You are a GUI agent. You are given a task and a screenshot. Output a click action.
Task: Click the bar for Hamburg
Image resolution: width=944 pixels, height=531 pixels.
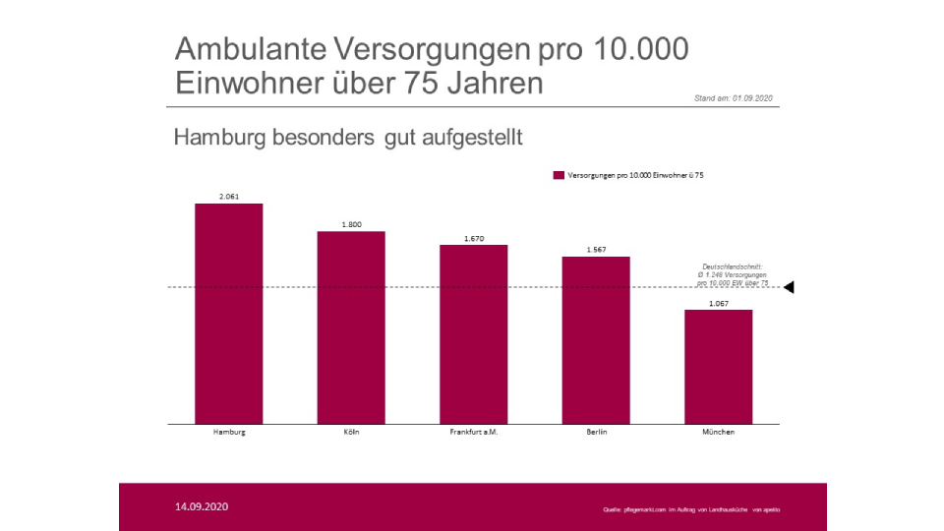(x=228, y=313)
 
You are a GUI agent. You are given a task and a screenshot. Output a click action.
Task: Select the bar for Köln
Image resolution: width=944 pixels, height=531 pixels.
(x=351, y=326)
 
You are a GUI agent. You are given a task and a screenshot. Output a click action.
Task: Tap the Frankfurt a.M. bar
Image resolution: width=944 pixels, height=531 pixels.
(x=473, y=333)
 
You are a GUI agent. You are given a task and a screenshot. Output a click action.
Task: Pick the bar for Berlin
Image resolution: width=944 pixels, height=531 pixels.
(x=596, y=339)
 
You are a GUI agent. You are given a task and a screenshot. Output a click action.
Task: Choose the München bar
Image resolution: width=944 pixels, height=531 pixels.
(x=718, y=366)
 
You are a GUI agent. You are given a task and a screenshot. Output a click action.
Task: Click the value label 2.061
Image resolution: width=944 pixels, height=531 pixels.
(x=229, y=197)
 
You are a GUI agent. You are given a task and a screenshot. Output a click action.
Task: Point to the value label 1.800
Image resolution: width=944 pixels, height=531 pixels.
(x=351, y=224)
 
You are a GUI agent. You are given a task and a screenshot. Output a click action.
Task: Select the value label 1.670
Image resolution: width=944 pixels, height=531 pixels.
(x=474, y=238)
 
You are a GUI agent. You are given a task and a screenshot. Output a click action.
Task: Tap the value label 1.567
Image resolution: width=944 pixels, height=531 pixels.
(x=596, y=250)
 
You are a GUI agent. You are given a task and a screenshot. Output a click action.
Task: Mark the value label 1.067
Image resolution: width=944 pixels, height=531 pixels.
(x=719, y=303)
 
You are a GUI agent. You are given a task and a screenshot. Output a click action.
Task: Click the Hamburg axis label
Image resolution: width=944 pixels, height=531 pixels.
(x=229, y=433)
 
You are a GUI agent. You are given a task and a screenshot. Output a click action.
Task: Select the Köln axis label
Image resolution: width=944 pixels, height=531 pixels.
(x=351, y=433)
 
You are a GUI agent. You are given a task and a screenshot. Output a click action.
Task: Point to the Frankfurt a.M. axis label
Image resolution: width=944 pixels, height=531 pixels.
(x=474, y=433)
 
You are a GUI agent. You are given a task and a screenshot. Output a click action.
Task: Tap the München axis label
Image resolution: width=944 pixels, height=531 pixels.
(x=719, y=433)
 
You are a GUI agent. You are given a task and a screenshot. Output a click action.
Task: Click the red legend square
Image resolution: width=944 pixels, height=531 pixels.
(x=559, y=175)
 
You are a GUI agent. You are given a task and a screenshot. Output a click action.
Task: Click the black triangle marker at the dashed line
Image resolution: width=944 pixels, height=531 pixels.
(x=788, y=287)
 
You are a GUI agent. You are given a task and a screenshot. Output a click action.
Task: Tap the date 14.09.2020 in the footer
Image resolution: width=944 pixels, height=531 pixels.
(x=202, y=507)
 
